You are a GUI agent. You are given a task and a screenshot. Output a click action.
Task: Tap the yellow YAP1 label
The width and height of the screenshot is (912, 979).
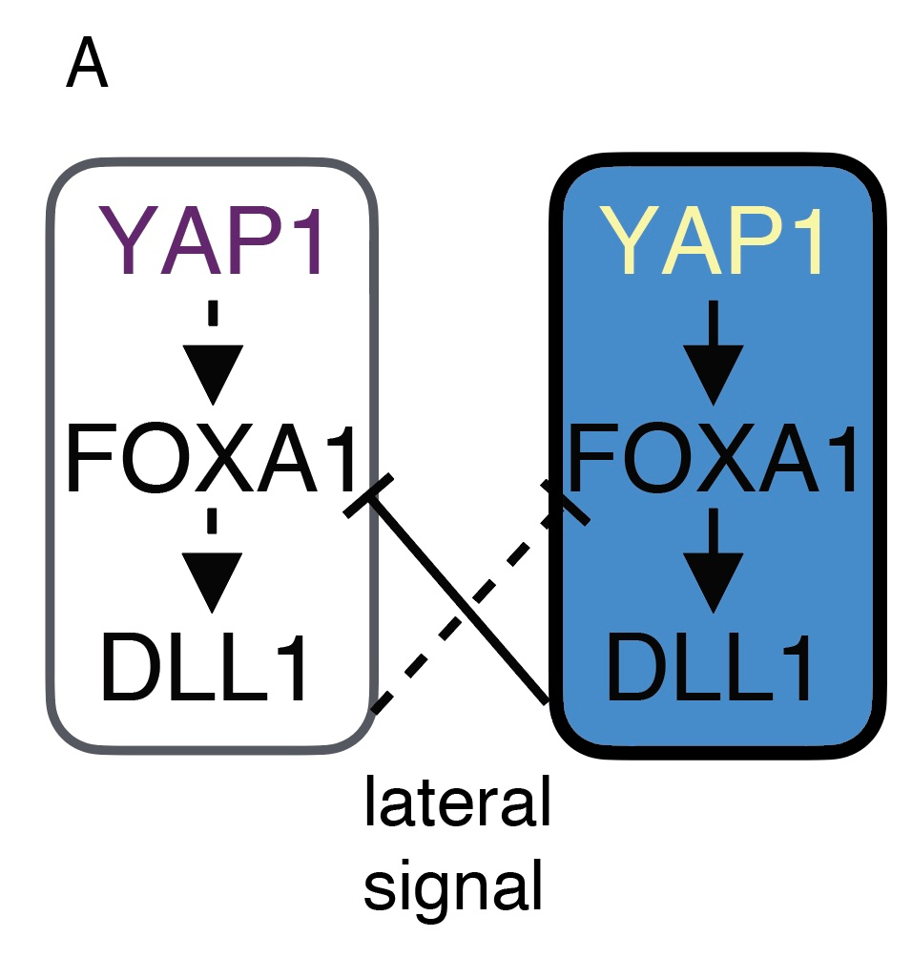tap(717, 244)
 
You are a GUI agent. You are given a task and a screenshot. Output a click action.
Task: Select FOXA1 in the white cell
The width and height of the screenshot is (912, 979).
tap(212, 461)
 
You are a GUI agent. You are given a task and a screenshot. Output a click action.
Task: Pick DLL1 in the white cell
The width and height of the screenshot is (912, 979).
tap(206, 671)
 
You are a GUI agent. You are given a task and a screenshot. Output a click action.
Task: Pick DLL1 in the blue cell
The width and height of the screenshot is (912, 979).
tap(711, 671)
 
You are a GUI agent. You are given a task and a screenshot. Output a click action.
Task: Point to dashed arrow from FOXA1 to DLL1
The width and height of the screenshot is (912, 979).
tap(213, 563)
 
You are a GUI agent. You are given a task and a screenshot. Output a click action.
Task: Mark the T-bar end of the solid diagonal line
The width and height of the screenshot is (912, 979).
tap(368, 495)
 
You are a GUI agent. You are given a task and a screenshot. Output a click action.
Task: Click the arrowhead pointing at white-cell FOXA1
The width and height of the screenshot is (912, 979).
tap(213, 377)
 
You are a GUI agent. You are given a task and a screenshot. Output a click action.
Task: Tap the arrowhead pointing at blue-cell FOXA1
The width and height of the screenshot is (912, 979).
tap(716, 377)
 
